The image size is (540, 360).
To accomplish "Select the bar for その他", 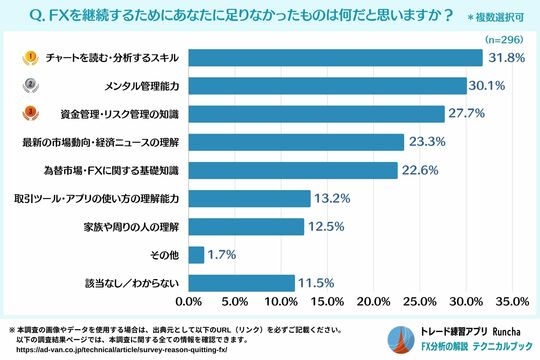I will [x=196, y=254].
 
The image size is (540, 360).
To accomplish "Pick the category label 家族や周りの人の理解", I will [x=130, y=226].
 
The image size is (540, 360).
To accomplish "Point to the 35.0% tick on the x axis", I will [x=512, y=301].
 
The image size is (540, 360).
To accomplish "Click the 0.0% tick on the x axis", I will [x=188, y=301].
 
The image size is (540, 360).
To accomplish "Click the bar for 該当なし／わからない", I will [x=241, y=282].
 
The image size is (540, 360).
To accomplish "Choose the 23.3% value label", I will [x=429, y=142].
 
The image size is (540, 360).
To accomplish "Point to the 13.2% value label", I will [x=335, y=198].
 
